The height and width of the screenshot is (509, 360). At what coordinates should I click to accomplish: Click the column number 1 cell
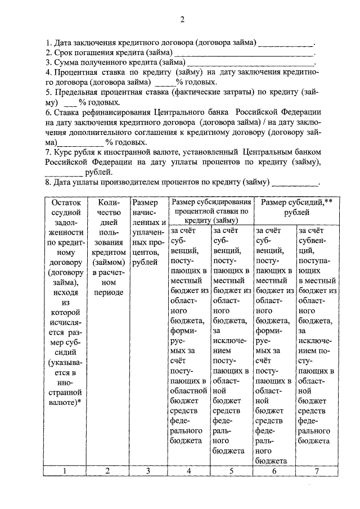66,471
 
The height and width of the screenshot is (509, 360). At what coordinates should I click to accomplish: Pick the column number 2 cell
107,471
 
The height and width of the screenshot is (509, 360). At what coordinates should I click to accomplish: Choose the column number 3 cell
148,471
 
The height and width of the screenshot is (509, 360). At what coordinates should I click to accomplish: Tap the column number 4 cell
188,471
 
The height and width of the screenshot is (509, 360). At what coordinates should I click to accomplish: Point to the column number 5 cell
231,471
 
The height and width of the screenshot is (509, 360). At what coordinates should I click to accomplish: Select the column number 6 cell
274,471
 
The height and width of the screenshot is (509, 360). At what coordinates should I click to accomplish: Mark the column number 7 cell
317,471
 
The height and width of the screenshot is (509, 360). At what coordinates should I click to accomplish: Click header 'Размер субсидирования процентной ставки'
210,211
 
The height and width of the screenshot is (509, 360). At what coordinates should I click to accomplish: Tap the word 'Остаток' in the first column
66,202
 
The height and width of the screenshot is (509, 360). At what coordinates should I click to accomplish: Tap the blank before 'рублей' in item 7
68,173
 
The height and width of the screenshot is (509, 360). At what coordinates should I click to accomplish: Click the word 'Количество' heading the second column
107,207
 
